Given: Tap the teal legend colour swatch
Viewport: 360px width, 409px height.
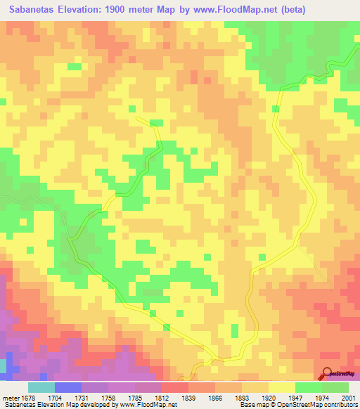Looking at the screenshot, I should (41, 387).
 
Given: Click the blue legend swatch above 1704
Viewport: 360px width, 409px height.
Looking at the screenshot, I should (67, 387).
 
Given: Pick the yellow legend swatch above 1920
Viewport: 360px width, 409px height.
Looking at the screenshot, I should (281, 387).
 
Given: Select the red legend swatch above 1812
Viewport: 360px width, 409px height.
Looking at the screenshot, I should (174, 387).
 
